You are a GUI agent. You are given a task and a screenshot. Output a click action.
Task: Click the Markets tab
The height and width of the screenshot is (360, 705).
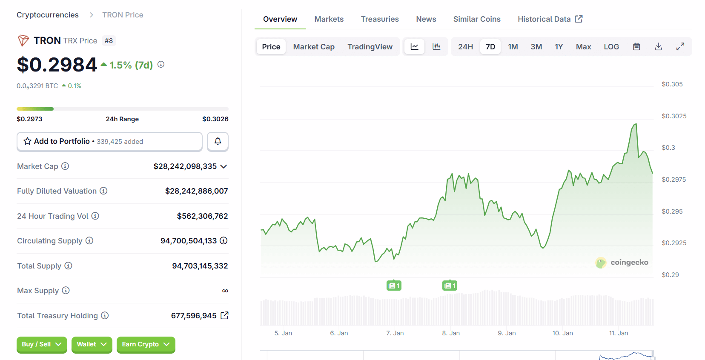(x=329, y=19)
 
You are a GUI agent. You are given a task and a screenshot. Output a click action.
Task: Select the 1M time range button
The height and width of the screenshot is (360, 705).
(x=513, y=47)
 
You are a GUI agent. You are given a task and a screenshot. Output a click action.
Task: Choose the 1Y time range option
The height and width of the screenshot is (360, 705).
(x=559, y=47)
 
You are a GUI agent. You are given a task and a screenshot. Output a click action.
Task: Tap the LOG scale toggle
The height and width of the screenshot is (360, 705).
(x=611, y=47)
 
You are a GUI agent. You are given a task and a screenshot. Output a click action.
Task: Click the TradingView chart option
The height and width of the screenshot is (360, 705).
(x=370, y=47)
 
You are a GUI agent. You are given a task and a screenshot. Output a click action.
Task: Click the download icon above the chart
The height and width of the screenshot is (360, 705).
(x=658, y=47)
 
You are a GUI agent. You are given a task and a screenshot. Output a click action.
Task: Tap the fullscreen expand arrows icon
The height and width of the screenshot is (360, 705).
(x=680, y=47)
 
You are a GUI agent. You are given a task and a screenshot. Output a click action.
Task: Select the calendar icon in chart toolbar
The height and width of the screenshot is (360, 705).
(x=636, y=47)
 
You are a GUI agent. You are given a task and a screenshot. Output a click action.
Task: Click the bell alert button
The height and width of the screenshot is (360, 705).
(x=218, y=141)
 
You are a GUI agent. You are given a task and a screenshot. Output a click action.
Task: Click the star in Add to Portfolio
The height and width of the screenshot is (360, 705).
(x=28, y=141)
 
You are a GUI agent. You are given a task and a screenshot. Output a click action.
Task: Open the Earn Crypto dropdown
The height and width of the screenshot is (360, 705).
(x=146, y=344)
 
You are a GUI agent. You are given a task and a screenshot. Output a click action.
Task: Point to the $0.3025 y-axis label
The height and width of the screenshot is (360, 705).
(x=674, y=116)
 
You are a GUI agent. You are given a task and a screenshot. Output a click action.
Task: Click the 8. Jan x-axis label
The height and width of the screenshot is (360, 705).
(x=451, y=333)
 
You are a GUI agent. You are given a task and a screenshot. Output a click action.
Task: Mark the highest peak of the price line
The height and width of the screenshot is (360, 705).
(x=636, y=124)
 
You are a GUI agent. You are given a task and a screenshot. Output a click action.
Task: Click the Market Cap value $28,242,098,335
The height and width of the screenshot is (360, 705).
(x=185, y=166)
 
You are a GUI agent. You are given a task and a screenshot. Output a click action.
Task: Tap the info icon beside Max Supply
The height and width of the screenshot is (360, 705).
(x=66, y=290)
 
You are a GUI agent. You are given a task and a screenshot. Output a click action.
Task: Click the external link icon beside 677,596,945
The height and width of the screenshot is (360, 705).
(x=224, y=315)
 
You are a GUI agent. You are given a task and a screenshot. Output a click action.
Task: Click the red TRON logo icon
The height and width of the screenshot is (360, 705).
(x=23, y=40)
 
